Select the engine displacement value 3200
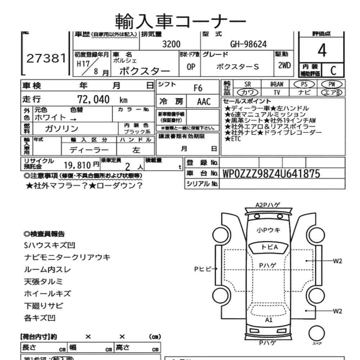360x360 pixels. (x=171, y=44)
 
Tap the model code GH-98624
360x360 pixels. (x=248, y=44)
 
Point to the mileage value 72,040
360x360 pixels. (x=93, y=100)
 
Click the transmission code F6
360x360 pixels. (x=198, y=88)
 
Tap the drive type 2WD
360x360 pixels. (x=285, y=67)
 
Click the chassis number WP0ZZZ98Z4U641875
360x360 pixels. (x=271, y=174)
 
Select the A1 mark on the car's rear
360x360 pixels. (x=269, y=319)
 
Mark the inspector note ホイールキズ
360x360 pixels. (x=47, y=293)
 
